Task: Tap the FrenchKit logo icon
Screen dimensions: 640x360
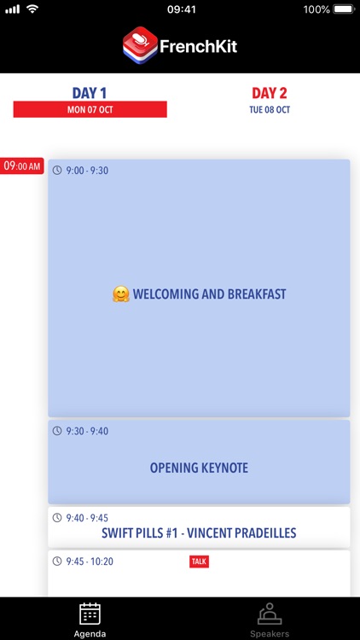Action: (x=140, y=45)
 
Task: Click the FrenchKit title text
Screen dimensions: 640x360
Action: (x=198, y=46)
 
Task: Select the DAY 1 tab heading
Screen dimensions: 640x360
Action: (x=90, y=92)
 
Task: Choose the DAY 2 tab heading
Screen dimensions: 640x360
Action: (x=270, y=92)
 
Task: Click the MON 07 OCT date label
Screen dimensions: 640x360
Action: (x=90, y=110)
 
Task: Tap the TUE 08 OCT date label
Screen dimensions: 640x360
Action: (x=270, y=110)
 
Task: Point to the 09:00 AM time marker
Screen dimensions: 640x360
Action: (x=22, y=166)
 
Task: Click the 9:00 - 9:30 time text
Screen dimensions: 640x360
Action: (x=87, y=171)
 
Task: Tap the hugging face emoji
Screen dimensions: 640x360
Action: (x=120, y=294)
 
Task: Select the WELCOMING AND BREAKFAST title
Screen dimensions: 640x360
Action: (x=209, y=294)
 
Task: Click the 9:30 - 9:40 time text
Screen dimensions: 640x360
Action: (x=87, y=431)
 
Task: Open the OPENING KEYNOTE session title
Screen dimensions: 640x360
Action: (x=199, y=468)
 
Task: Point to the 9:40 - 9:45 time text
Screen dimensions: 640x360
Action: (x=87, y=517)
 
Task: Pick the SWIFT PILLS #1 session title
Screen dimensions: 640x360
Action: (x=199, y=533)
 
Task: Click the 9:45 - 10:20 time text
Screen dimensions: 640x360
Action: (x=90, y=561)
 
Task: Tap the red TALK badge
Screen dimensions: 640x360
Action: (x=199, y=561)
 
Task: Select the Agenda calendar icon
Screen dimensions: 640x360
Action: (x=90, y=614)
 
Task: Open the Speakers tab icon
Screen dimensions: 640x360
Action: (x=270, y=614)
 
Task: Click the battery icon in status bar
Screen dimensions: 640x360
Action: (x=343, y=9)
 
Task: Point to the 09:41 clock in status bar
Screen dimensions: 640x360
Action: (x=181, y=9)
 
